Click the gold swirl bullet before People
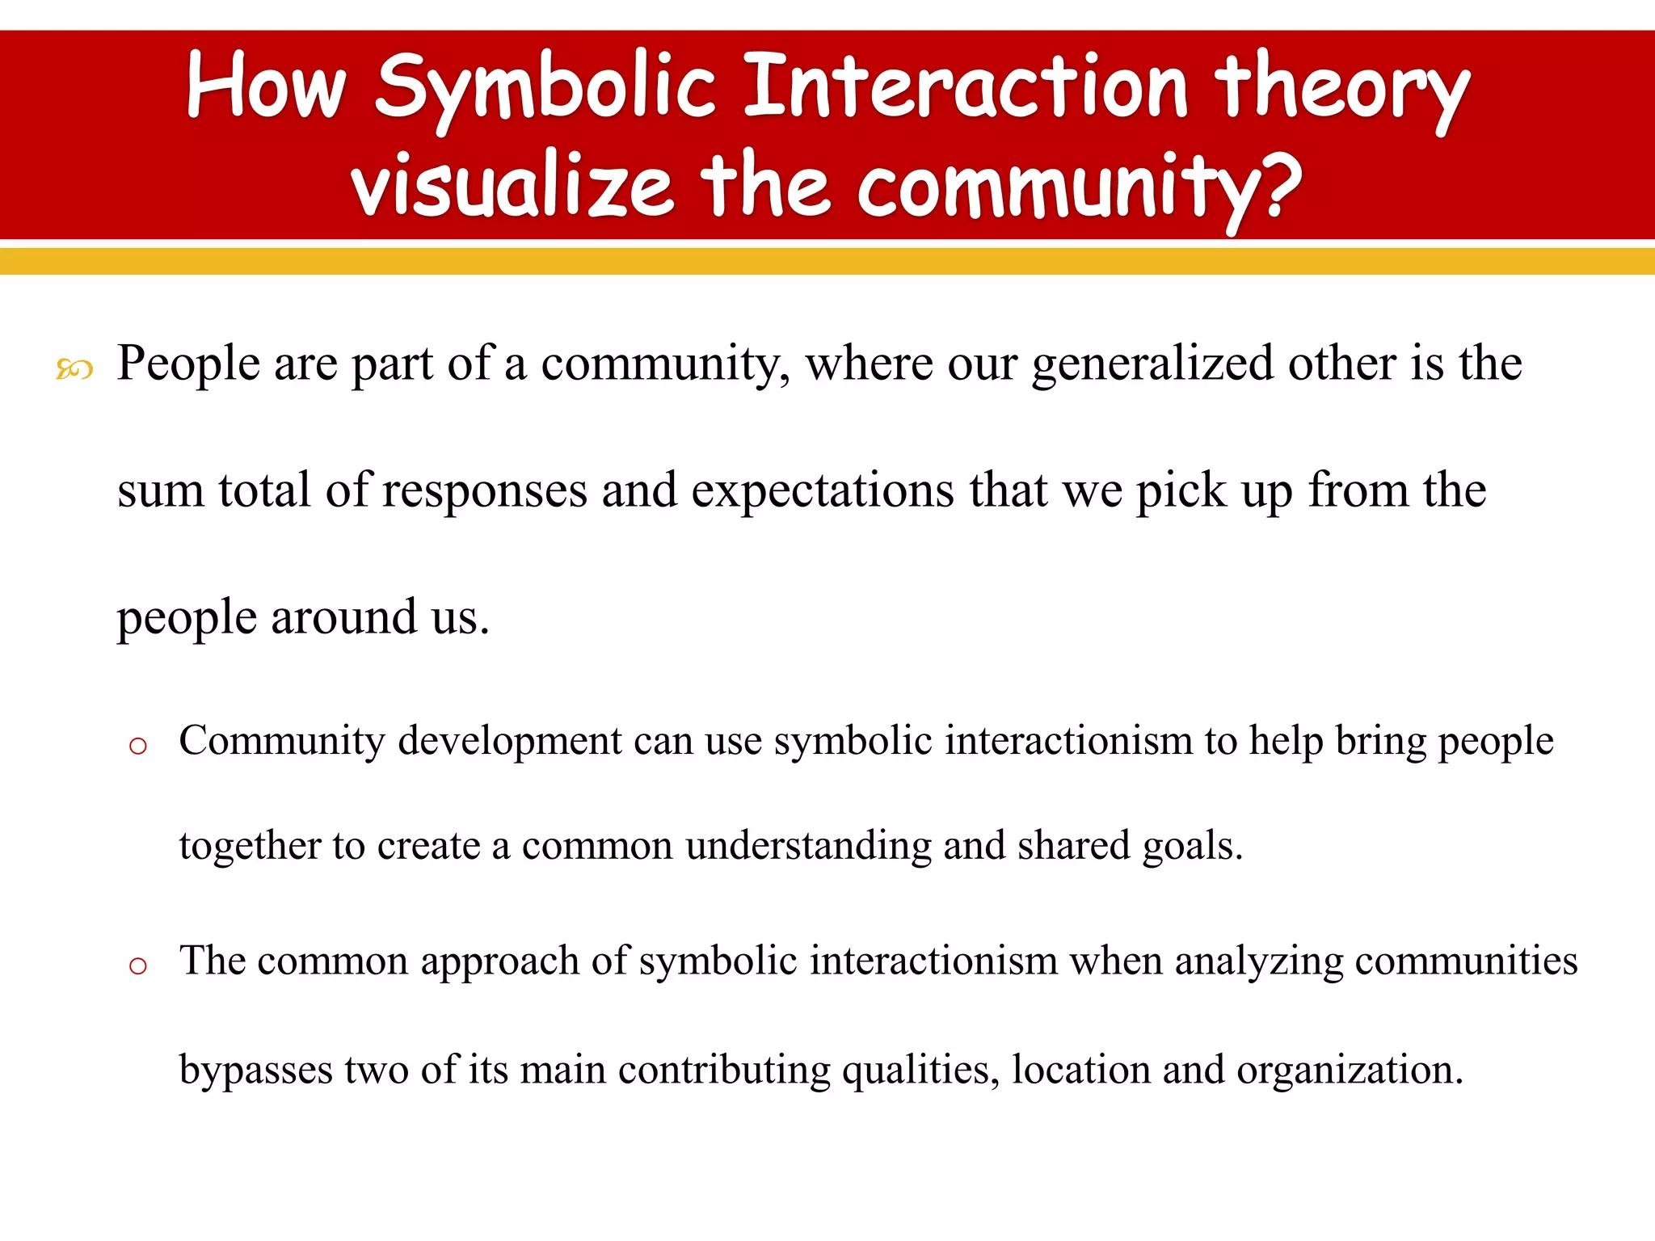click(x=74, y=370)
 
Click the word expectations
click(x=823, y=490)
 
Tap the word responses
click(x=484, y=490)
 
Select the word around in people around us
click(x=343, y=617)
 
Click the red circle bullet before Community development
click(x=138, y=746)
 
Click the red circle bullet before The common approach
click(x=138, y=965)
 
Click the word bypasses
click(x=255, y=1071)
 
